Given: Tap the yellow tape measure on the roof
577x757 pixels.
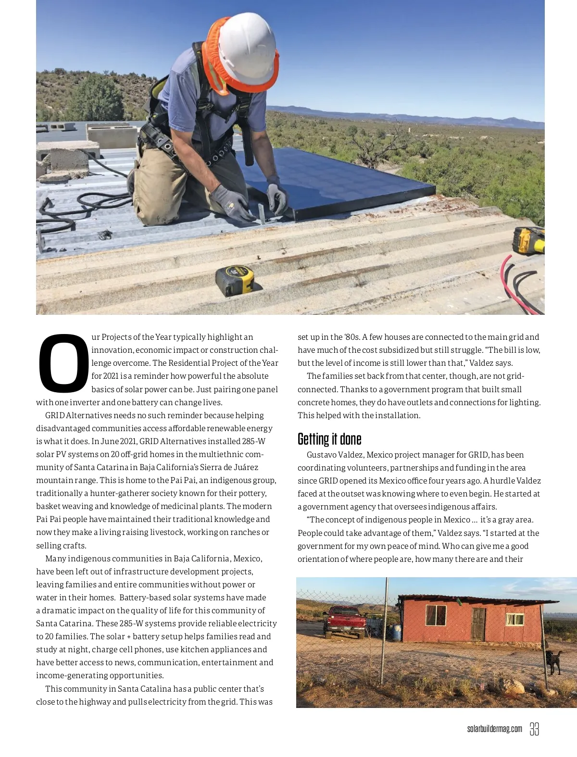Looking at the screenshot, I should click(x=235, y=280).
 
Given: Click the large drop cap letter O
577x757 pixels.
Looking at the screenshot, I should click(x=63, y=362).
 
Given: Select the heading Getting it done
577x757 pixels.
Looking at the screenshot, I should click(x=329, y=439).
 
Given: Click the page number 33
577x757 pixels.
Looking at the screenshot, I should click(x=534, y=729).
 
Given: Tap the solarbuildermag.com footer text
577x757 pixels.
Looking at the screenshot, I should click(x=494, y=729).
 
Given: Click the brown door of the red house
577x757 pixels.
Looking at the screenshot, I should click(x=478, y=624).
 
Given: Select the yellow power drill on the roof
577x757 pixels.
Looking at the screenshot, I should click(x=528, y=240).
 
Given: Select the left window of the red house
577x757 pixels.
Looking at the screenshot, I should click(x=436, y=615).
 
